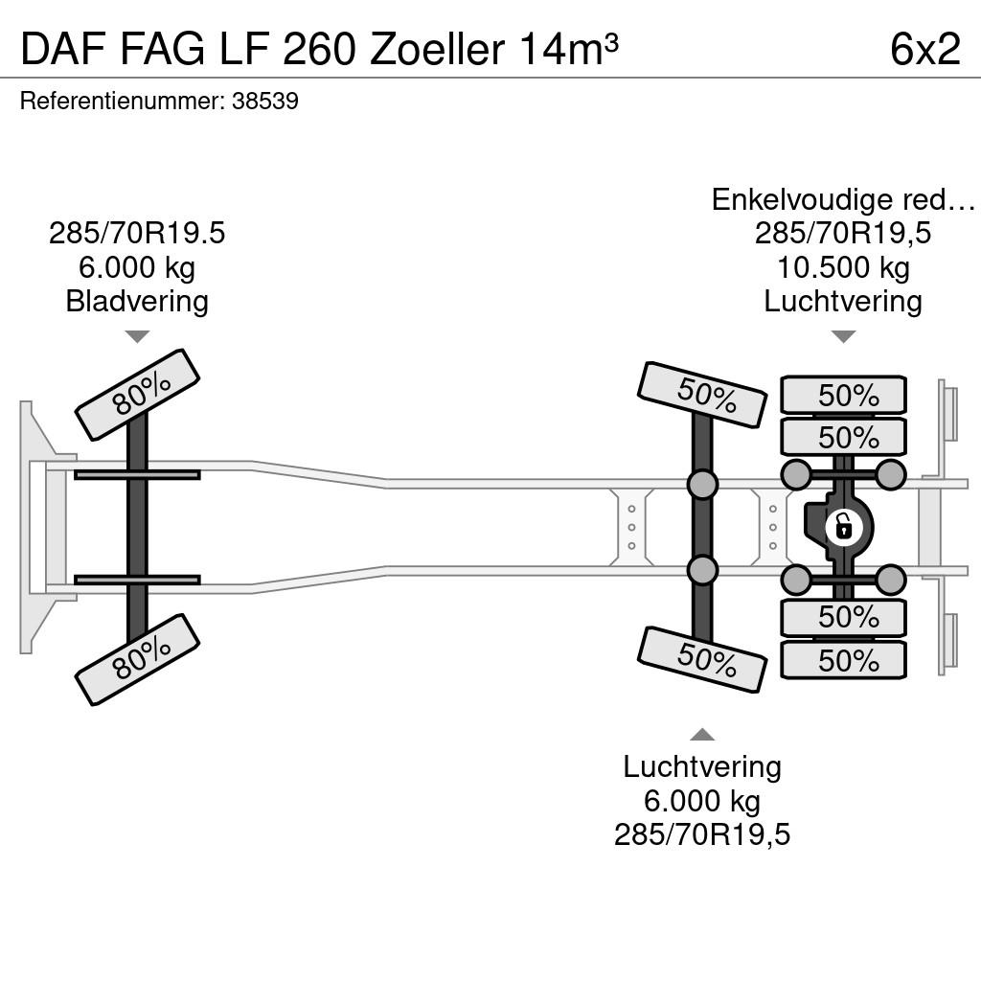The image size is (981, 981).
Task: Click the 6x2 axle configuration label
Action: (924, 49)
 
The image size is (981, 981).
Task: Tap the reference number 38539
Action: (265, 102)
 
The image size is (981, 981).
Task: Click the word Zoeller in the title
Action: (437, 49)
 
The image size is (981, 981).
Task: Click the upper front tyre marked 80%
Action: (137, 395)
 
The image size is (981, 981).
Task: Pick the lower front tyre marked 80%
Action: (137, 660)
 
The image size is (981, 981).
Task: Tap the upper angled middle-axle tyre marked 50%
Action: (702, 395)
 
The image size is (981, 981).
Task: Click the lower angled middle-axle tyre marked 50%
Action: (702, 659)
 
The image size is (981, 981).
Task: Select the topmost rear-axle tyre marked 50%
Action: (843, 395)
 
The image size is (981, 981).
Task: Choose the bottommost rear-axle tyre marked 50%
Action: (843, 660)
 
